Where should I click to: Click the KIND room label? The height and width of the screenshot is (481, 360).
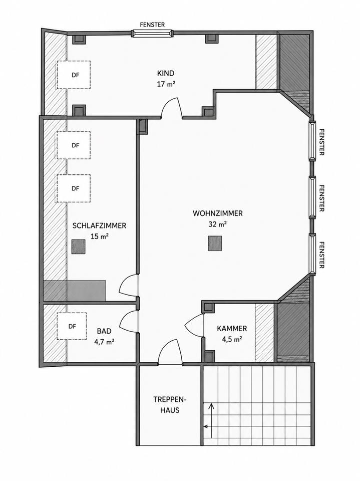166,73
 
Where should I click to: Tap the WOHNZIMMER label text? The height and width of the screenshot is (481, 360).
218,213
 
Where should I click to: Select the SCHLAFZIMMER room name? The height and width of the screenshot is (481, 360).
99,225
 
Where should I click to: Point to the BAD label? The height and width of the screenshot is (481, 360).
104,331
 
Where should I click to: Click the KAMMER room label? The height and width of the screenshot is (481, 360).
232,329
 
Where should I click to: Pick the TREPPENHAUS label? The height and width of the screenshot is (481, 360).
170,405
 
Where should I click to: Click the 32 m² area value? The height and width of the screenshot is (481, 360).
218,224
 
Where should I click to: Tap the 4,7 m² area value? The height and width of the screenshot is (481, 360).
104,342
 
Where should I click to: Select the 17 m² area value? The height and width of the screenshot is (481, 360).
166,84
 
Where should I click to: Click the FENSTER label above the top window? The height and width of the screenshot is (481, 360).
152,25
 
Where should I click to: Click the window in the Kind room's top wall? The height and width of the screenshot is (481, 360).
152,33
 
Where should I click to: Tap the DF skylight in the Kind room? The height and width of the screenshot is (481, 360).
74,75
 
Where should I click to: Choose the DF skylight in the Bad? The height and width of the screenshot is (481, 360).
72,326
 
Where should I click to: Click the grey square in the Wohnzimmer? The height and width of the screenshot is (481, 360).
215,244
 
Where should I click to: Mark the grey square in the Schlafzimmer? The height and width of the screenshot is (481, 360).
79,247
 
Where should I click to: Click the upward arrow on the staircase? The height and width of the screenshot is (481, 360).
211,420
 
